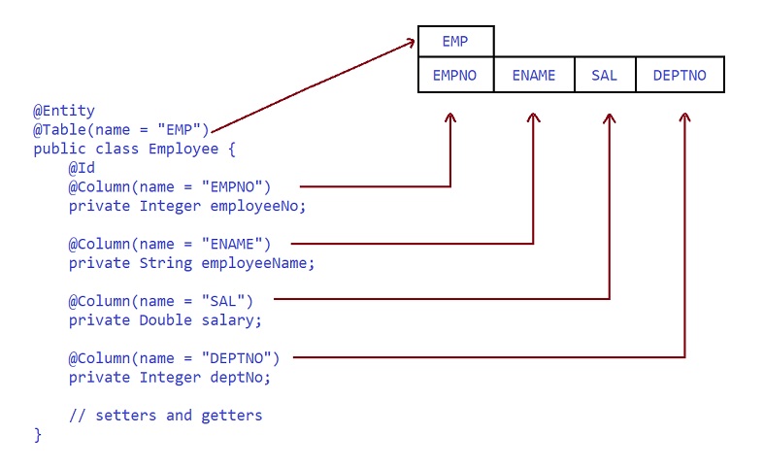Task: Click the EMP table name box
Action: [455, 42]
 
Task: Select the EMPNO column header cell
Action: [455, 75]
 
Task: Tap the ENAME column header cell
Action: [534, 75]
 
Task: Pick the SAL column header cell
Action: [604, 75]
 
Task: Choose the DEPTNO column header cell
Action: [680, 75]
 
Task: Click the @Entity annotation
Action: [64, 112]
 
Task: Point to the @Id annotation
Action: [82, 168]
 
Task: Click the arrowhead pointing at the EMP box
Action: [409, 43]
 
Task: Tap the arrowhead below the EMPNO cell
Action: [450, 117]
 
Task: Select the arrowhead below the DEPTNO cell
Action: [684, 117]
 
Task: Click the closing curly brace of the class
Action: [38, 434]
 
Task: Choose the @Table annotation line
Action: [121, 130]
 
